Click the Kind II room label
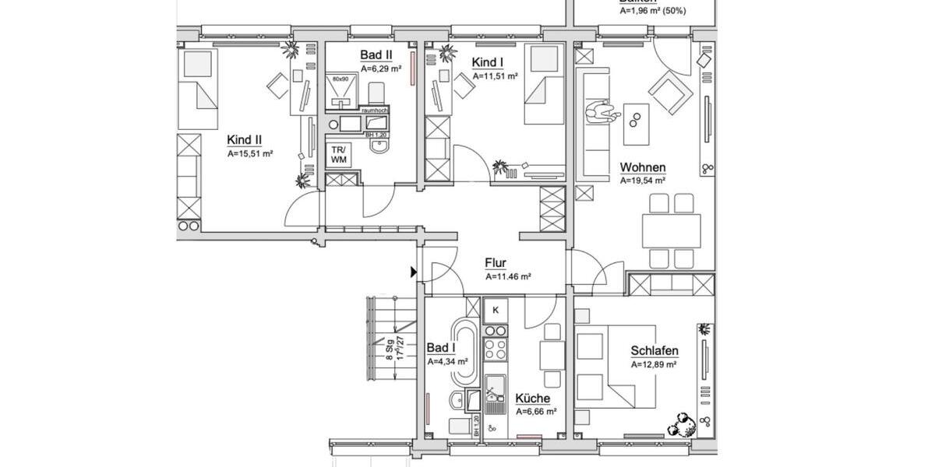(x=244, y=140)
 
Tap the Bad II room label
(x=376, y=55)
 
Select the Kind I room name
(x=488, y=61)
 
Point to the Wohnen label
(x=642, y=167)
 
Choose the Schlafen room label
(x=654, y=351)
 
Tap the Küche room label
(x=532, y=399)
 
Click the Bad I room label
(x=442, y=348)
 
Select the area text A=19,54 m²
(x=642, y=181)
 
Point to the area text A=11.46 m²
(x=508, y=276)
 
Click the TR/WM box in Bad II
(x=340, y=153)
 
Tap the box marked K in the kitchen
(x=496, y=311)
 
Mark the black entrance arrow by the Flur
(x=414, y=272)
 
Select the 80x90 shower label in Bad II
(x=339, y=79)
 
